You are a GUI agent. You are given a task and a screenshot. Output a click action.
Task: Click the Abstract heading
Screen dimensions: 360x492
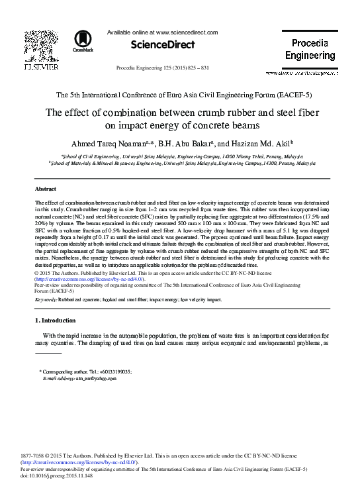click(44, 189)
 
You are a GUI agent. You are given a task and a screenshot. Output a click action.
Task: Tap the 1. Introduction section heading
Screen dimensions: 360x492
click(58, 320)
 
